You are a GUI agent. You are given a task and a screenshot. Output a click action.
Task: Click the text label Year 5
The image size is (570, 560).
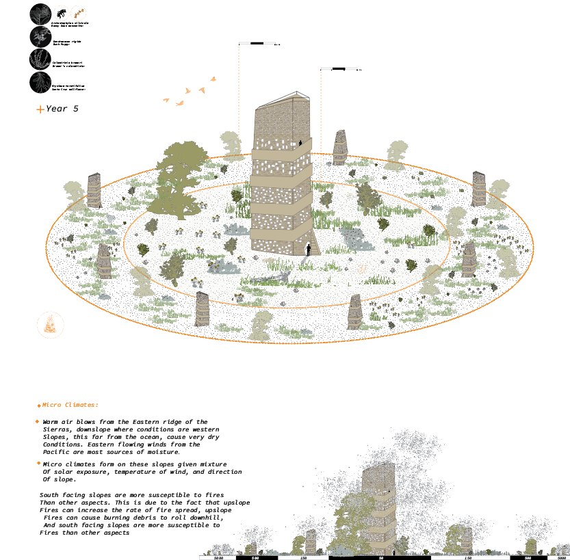(x=62, y=109)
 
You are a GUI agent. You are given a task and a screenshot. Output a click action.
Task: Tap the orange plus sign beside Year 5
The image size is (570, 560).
(x=40, y=109)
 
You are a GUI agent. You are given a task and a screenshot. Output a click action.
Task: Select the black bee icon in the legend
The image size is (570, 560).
(x=62, y=14)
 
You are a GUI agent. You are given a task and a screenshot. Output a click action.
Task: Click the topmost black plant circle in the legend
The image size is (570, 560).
(x=40, y=14)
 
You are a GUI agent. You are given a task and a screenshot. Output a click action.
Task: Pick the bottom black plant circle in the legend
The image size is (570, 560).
(x=40, y=82)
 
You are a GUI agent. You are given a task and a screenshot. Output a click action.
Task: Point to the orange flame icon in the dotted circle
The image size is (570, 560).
(x=49, y=324)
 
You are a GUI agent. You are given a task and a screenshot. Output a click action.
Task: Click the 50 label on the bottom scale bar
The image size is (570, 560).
(x=381, y=558)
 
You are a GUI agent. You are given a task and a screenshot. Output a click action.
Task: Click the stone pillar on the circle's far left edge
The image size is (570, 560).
(x=94, y=190)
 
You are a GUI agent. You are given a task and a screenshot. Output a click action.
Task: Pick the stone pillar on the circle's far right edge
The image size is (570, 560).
(x=479, y=188)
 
